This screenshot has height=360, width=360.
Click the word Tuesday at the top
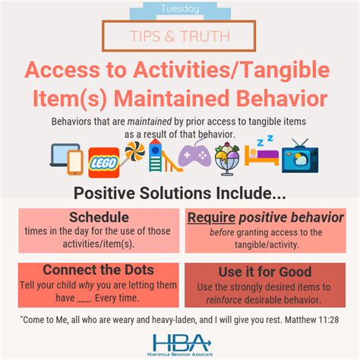coord(180,9)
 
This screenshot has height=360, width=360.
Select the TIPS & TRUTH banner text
coord(180,36)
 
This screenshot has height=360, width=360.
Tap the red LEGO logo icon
coord(103,162)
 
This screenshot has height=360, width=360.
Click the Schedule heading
coord(98,217)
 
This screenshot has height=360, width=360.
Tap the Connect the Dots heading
coord(99,270)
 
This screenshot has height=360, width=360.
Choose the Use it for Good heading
coord(264,270)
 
